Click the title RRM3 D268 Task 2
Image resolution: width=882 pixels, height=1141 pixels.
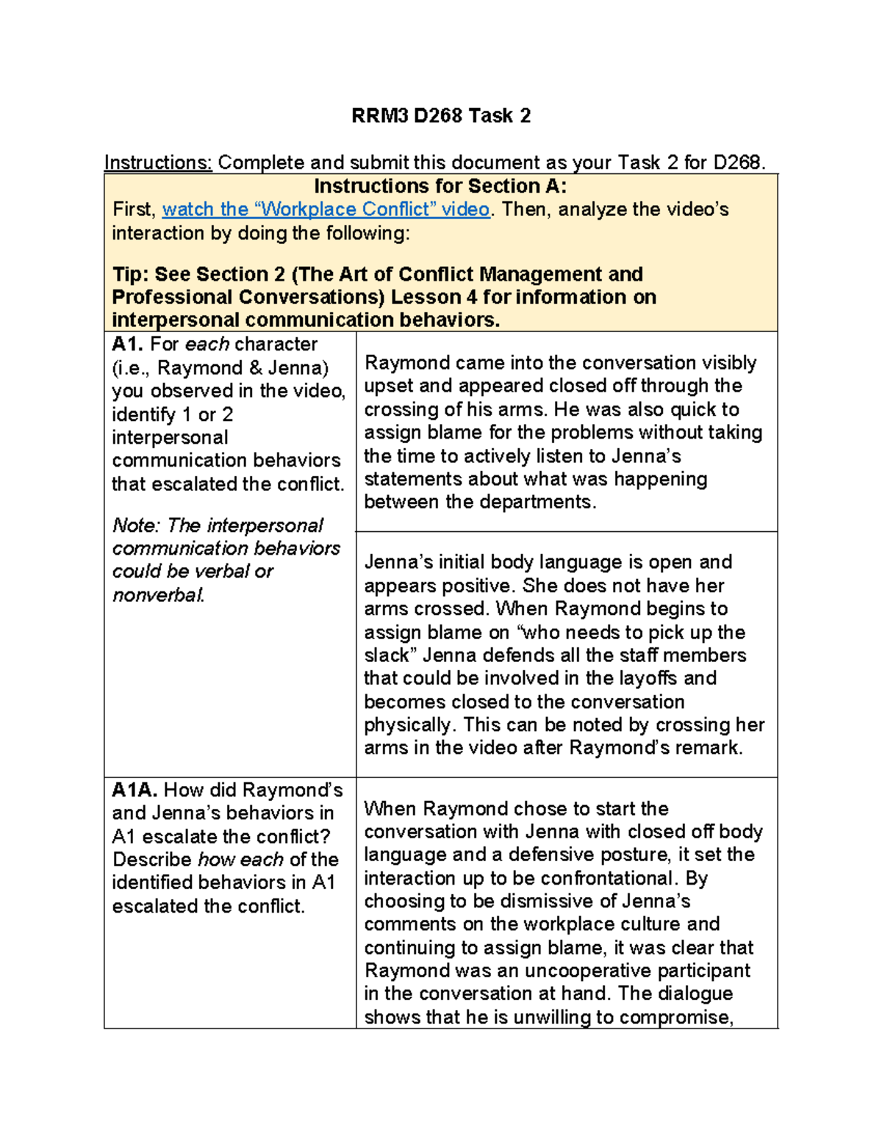tap(441, 116)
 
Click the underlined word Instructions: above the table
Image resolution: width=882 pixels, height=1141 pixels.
tap(158, 162)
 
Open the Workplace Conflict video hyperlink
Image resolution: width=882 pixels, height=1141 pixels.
tap(326, 209)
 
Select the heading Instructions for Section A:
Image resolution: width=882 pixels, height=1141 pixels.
tap(440, 186)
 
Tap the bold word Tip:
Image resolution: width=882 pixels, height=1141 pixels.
tap(130, 274)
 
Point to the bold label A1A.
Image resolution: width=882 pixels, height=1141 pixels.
tap(135, 790)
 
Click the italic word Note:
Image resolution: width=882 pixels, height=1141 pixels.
tap(137, 525)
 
